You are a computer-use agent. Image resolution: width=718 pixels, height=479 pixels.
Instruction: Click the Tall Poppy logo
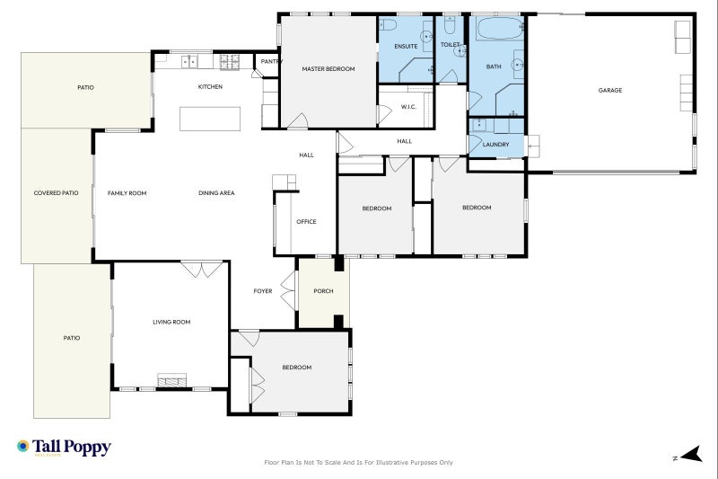pyautogui.click(x=64, y=448)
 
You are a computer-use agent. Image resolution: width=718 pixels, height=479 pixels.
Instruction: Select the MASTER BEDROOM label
pyautogui.click(x=328, y=69)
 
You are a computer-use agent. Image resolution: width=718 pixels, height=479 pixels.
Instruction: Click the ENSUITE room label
pyautogui.click(x=407, y=46)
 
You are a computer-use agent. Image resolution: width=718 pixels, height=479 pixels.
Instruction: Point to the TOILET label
pyautogui.click(x=450, y=44)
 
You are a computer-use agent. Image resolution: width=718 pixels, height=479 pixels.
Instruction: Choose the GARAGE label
pyautogui.click(x=610, y=90)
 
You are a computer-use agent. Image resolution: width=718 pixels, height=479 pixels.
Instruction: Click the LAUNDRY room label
pyautogui.click(x=495, y=145)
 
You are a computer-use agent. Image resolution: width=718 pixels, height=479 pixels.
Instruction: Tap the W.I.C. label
pyautogui.click(x=408, y=108)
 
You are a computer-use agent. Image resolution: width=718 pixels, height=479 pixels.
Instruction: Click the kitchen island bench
pyautogui.click(x=211, y=119)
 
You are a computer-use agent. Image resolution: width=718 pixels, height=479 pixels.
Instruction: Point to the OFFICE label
pyautogui.click(x=306, y=221)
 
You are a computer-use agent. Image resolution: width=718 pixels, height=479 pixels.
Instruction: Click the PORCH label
pyautogui.click(x=323, y=291)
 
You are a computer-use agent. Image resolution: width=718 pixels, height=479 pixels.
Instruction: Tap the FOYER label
pyautogui.click(x=263, y=291)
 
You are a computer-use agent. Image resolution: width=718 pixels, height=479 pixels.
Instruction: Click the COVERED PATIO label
pyautogui.click(x=56, y=193)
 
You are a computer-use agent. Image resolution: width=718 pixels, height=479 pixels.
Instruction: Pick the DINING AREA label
pyautogui.click(x=216, y=193)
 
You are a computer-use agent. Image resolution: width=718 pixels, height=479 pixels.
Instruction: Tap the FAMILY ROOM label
pyautogui.click(x=127, y=193)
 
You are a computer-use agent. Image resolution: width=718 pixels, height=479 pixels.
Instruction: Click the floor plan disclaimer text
pyautogui.click(x=359, y=463)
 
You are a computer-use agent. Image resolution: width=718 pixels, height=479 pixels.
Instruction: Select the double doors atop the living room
pyautogui.click(x=202, y=269)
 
